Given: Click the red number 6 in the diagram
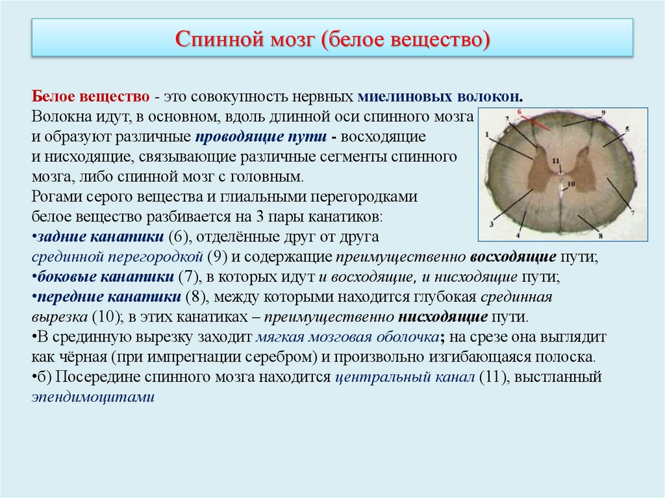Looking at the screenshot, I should (520, 112).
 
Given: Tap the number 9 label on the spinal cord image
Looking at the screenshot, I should (603, 113).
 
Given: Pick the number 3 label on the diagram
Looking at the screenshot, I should (492, 223).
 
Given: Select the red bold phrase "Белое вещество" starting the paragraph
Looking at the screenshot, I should (91, 97).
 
